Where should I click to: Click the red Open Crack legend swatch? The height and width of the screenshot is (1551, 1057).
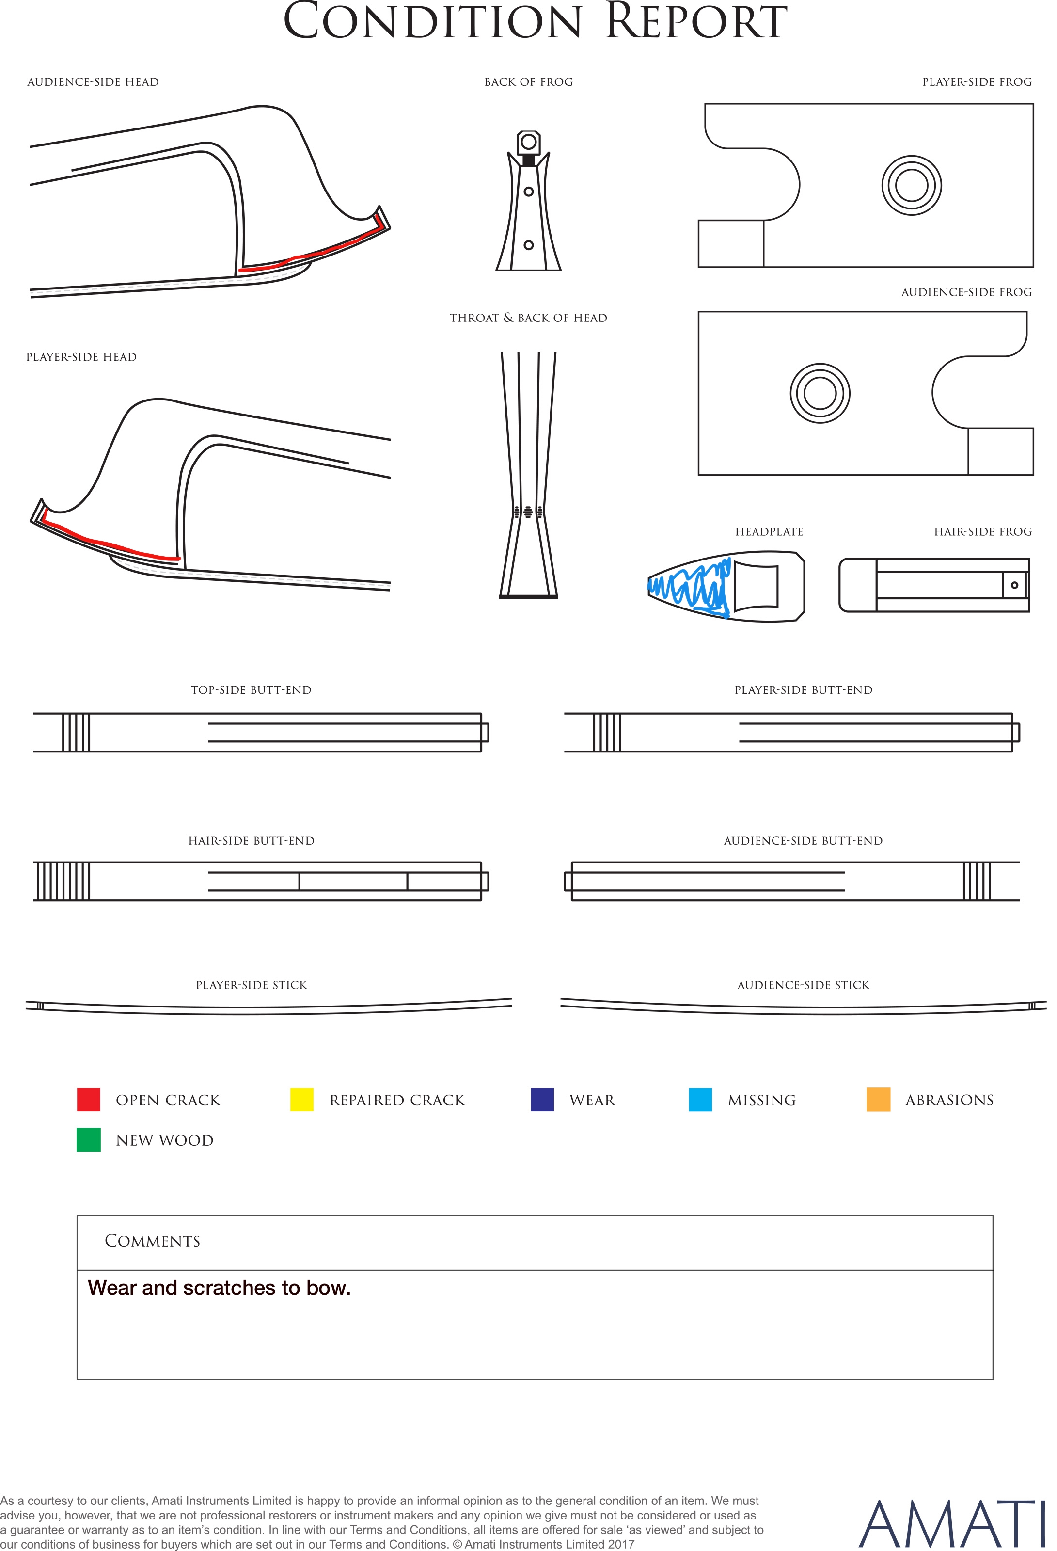[x=89, y=1100]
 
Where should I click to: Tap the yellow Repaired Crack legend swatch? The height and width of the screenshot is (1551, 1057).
[x=301, y=1100]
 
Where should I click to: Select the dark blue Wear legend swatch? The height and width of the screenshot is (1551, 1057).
[x=542, y=1100]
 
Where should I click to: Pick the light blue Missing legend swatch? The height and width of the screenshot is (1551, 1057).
[x=700, y=1100]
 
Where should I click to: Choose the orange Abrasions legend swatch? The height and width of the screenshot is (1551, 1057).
[x=878, y=1100]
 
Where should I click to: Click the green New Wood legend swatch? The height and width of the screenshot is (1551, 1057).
[x=89, y=1140]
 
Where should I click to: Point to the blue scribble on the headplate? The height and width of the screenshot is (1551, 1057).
[x=689, y=587]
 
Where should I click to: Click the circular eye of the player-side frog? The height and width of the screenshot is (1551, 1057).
[x=912, y=186]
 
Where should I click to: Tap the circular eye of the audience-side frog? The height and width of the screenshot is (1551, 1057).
[x=820, y=393]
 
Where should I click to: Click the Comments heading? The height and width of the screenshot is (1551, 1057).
[x=152, y=1241]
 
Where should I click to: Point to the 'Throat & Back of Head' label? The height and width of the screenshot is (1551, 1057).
[x=528, y=318]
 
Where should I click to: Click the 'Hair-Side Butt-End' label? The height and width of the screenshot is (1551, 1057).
[x=252, y=841]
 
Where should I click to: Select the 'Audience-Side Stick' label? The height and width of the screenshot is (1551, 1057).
[x=804, y=985]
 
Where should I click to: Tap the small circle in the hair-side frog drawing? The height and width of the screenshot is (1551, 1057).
[x=1014, y=585]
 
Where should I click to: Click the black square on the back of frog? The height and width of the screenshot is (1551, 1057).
[x=528, y=160]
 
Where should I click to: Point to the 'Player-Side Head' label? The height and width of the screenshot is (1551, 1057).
[x=81, y=357]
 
